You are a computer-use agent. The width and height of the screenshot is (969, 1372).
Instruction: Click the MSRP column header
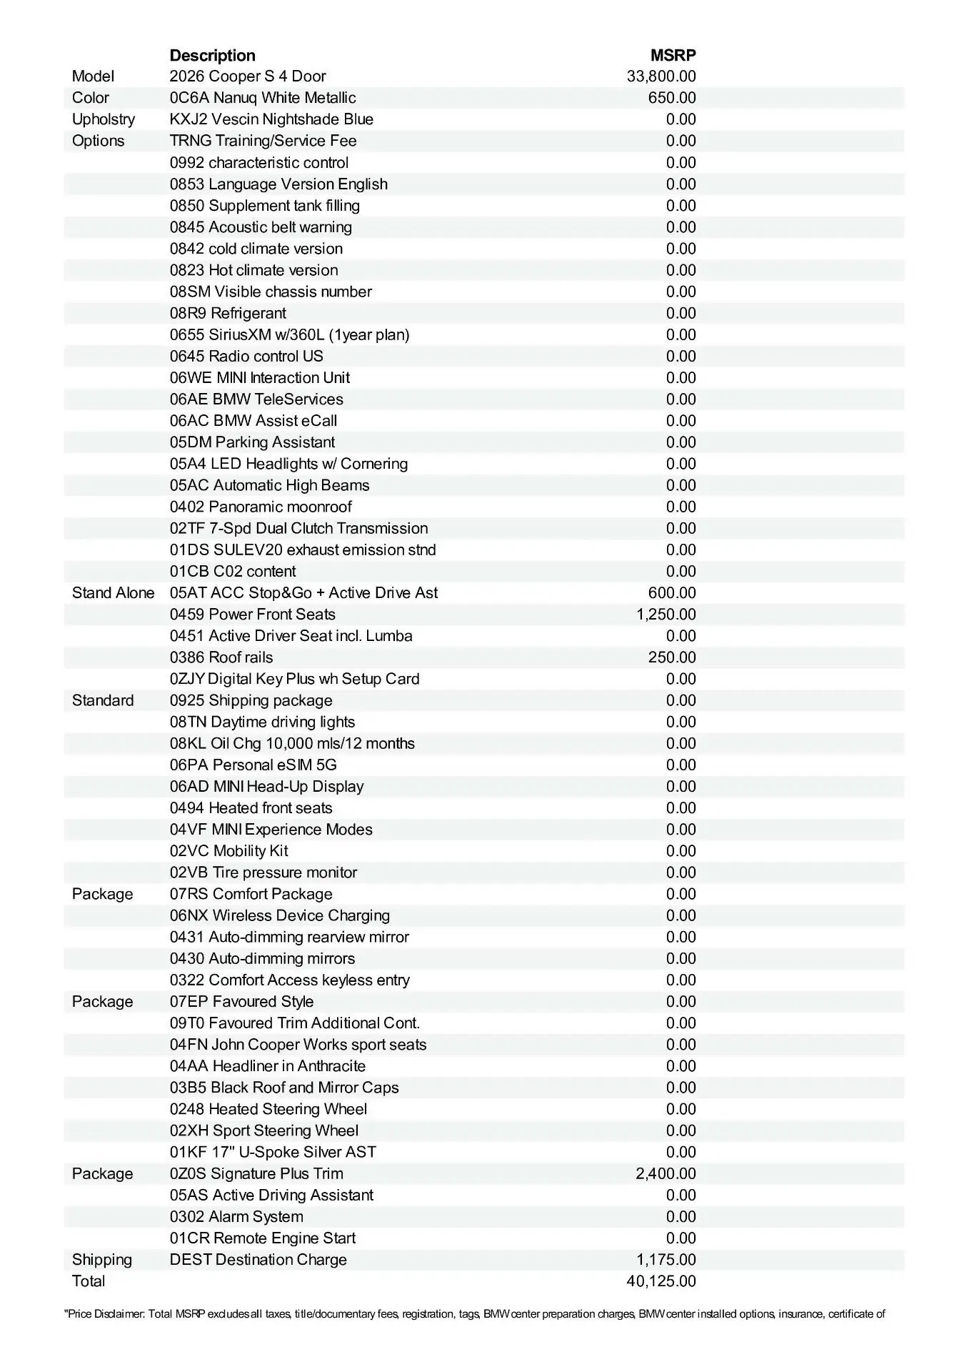coord(673,55)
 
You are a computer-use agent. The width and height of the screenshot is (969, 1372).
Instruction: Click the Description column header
coord(212,55)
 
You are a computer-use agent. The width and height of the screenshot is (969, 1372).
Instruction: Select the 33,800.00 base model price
coord(661,76)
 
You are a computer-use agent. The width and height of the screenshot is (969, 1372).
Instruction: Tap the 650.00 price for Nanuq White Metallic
coord(672,98)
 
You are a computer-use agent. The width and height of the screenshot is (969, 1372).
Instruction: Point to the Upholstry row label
coord(103,119)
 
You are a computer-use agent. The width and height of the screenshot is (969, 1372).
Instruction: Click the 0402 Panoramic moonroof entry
coord(261,507)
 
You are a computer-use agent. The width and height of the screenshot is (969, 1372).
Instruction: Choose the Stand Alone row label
coord(113,592)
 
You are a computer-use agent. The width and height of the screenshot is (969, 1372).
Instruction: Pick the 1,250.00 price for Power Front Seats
coord(666,614)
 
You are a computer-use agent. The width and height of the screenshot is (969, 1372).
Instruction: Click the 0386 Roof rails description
coord(221,657)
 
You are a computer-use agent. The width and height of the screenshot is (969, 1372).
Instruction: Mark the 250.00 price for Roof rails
coord(672,657)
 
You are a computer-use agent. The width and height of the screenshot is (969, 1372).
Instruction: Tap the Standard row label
coord(102,700)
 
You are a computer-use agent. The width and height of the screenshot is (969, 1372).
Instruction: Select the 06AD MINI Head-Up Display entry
coord(266,786)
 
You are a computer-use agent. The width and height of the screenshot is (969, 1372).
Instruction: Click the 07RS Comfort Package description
coord(251,893)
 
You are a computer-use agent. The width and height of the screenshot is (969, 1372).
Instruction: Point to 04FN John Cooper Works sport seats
coord(298,1044)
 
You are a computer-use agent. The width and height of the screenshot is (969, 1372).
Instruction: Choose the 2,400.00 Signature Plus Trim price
coord(666,1173)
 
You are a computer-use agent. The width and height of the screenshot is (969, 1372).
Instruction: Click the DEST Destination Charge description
coord(258,1259)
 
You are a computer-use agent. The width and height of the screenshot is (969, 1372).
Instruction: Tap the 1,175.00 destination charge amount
coord(666,1259)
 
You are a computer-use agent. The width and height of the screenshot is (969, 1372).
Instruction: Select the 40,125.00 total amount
coord(661,1281)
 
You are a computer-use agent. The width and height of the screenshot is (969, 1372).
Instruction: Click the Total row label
coord(88,1281)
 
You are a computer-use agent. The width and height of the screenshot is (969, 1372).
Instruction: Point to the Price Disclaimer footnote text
coord(474,1313)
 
